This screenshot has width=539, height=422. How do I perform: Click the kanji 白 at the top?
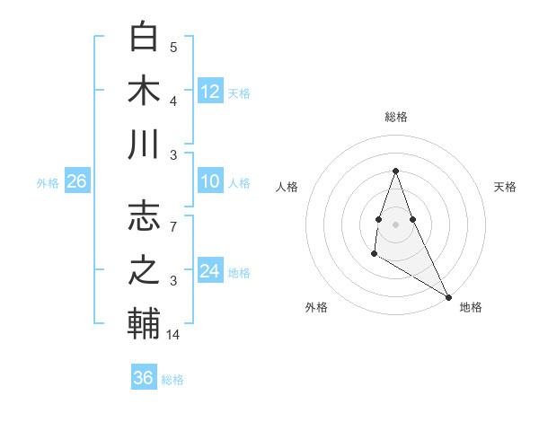(x=144, y=38)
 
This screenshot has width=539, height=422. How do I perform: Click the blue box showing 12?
(x=210, y=91)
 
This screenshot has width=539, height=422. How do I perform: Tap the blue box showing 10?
(x=210, y=181)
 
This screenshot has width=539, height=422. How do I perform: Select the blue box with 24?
(x=210, y=270)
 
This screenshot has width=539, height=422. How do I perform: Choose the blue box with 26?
(x=76, y=181)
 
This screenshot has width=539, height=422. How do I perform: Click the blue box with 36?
(x=144, y=378)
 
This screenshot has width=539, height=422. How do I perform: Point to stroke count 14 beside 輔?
(x=174, y=335)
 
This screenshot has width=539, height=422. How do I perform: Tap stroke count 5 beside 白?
(x=173, y=48)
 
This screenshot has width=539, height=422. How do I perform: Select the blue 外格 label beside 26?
(x=48, y=182)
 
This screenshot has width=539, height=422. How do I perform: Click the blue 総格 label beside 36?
(x=172, y=379)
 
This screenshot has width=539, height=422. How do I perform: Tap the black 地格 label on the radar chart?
(x=471, y=307)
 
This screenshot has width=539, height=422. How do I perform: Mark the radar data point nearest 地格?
(x=449, y=297)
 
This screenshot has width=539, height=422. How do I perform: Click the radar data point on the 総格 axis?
(x=395, y=171)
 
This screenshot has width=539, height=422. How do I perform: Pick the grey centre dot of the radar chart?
(x=395, y=223)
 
